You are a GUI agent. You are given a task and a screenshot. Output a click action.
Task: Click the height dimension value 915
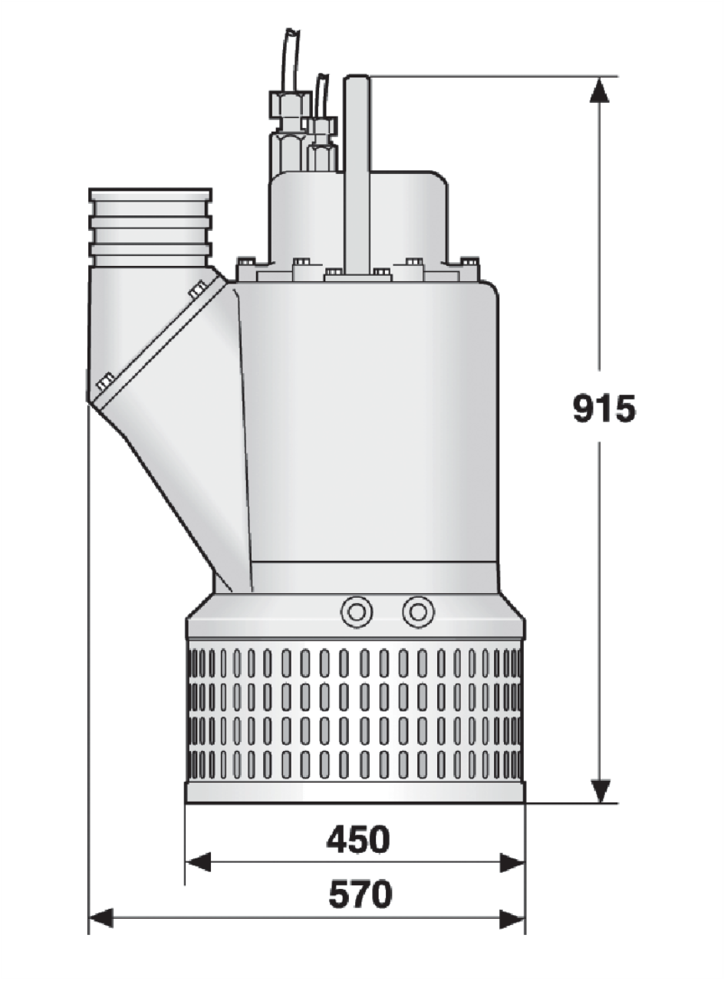[604, 408]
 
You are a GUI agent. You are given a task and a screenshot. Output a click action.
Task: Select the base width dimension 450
[358, 840]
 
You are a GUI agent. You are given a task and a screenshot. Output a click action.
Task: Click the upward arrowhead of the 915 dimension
[599, 90]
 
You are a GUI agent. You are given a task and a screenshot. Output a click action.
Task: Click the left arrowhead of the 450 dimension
[198, 871]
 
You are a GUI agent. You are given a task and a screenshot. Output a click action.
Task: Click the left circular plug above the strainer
[357, 612]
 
